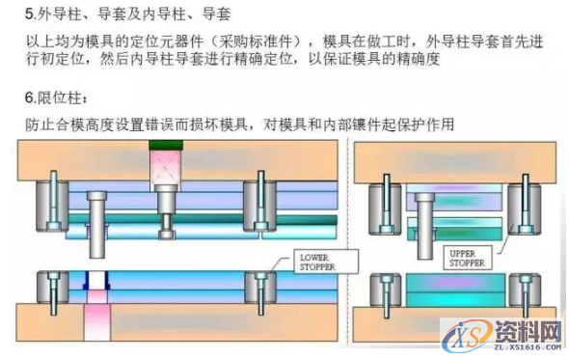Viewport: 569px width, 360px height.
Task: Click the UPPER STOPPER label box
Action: coord(470,257)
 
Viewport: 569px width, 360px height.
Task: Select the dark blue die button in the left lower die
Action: coord(96,281)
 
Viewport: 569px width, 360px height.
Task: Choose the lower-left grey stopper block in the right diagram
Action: coord(387,289)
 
